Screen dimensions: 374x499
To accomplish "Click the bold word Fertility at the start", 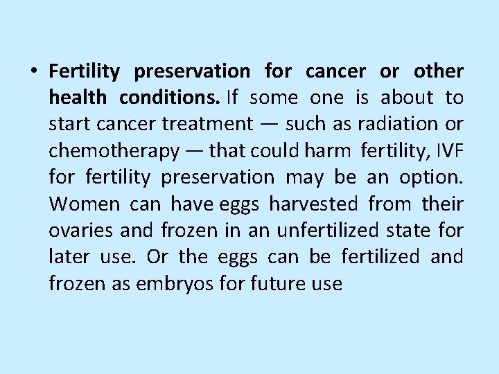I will pyautogui.click(x=84, y=71).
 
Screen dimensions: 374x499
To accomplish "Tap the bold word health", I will pyautogui.click(x=77, y=98).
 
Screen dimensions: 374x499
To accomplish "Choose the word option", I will pyautogui.click(x=431, y=177).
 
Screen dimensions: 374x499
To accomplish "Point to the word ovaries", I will pyautogui.click(x=77, y=230).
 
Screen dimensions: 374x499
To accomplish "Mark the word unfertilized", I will pyautogui.click(x=324, y=230).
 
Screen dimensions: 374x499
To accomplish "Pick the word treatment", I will pyautogui.click(x=207, y=125).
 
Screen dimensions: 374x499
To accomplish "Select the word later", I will pyautogui.click(x=68, y=256).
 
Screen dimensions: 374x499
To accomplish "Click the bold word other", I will pyautogui.click(x=438, y=71).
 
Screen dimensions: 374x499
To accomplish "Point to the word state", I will pyautogui.click(x=413, y=230).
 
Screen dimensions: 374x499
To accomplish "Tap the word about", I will pyautogui.click(x=406, y=98).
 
